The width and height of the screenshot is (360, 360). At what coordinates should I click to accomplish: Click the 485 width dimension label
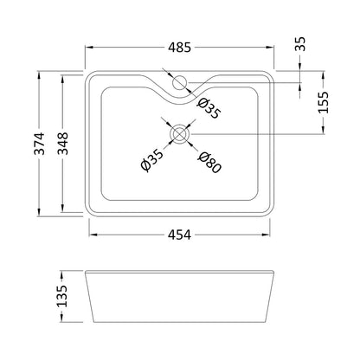(179, 48)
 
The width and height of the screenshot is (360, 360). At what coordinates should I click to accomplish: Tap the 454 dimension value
(179, 235)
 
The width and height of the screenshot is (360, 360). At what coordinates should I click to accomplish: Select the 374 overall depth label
(39, 144)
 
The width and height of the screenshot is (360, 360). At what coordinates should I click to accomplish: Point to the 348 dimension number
(62, 144)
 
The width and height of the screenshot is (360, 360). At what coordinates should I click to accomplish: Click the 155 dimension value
(323, 102)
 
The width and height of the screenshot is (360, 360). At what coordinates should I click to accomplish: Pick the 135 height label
(62, 296)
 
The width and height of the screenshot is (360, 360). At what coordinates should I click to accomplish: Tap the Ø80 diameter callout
(209, 163)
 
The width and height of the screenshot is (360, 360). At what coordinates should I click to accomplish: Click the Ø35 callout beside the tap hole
(209, 108)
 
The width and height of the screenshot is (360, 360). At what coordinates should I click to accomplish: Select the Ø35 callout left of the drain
(151, 160)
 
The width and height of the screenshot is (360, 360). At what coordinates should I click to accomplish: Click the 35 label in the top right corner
(300, 44)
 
